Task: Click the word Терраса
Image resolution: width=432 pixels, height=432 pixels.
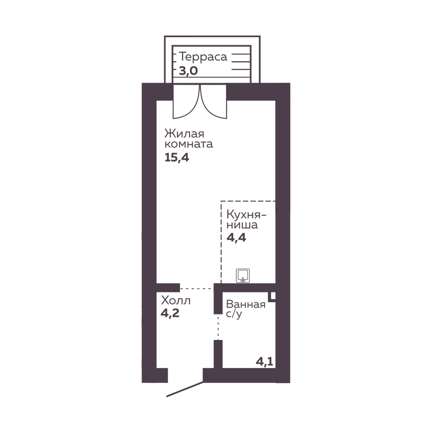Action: click(203, 57)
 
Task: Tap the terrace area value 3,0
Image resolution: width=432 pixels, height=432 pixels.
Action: click(188, 71)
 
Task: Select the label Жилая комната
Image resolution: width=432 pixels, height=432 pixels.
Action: click(188, 139)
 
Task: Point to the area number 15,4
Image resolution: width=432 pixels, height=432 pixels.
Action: click(177, 158)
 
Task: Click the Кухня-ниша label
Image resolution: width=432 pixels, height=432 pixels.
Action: click(246, 219)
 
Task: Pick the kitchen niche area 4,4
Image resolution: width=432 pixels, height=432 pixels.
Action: click(236, 237)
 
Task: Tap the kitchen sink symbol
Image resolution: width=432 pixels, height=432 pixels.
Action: click(243, 276)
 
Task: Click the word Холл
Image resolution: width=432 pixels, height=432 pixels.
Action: click(176, 300)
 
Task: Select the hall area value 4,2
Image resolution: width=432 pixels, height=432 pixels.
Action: click(170, 313)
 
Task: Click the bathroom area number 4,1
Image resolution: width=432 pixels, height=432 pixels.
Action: click(264, 362)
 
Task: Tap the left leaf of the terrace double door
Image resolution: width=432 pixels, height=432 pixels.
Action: click(186, 102)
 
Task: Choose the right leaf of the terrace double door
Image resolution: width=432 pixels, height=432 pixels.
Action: click(213, 102)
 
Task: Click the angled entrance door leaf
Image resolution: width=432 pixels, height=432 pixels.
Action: click(185, 389)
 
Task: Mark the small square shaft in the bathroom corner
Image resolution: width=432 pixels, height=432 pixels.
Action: click(273, 296)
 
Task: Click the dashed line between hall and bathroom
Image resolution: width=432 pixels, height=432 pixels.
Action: click(218, 327)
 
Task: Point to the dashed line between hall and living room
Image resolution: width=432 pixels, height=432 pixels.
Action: click(197, 289)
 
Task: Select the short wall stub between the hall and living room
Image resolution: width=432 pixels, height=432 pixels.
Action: click(168, 288)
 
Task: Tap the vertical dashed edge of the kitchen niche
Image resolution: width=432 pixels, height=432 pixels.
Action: click(221, 242)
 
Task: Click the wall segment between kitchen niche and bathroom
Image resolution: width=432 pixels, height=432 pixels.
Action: click(245, 288)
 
